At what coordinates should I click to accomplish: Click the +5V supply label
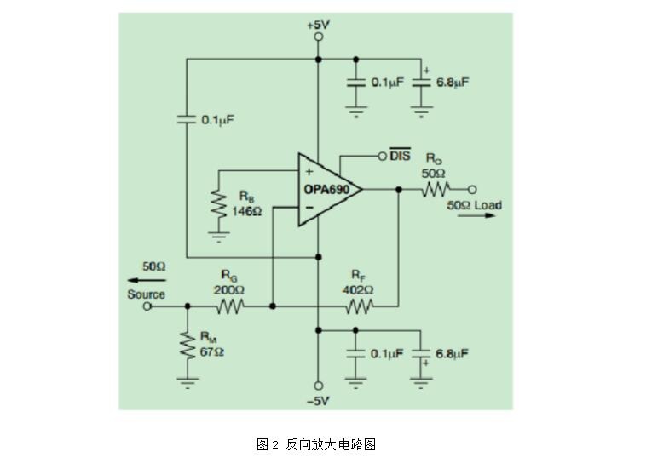point(319,25)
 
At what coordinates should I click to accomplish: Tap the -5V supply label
point(318,402)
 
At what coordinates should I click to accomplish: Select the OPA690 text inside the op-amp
point(326,190)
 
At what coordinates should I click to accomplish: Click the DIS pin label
point(400,155)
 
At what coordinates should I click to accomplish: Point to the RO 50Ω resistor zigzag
point(436,190)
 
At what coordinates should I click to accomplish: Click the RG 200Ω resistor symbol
point(230,306)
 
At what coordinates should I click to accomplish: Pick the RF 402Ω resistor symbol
point(360,306)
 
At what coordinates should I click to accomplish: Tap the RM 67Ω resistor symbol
point(188,345)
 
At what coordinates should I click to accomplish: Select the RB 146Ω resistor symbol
point(219,203)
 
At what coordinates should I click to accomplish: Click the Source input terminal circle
point(147,306)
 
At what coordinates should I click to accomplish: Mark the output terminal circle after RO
point(472,190)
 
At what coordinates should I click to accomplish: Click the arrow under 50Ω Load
point(476,215)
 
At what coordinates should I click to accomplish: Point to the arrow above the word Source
point(147,280)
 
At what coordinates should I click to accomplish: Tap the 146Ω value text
point(246,212)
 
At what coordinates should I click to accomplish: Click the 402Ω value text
point(358,289)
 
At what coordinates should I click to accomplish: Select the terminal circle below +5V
point(319,37)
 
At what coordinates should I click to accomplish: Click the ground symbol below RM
point(188,383)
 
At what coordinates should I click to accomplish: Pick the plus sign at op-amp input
point(309,171)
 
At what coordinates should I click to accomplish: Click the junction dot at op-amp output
point(399,190)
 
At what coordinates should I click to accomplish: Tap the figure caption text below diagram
point(316,444)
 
